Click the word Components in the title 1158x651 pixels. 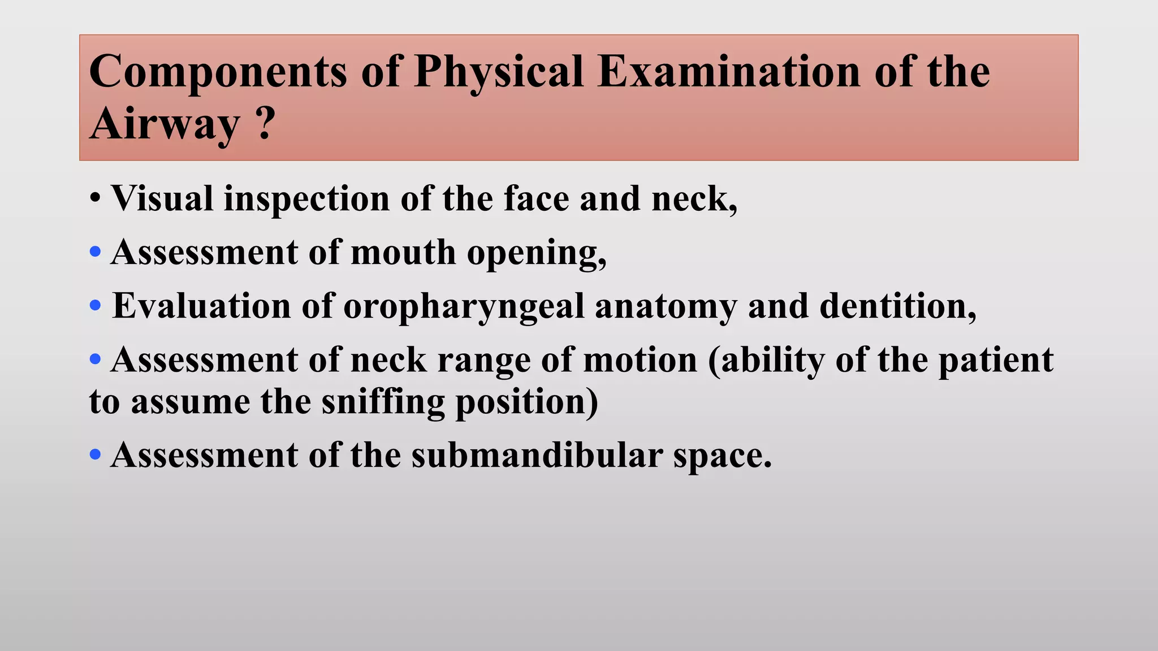(x=218, y=72)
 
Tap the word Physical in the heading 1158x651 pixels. (x=499, y=72)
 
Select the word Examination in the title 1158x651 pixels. (x=729, y=72)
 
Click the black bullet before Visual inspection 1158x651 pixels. (x=95, y=199)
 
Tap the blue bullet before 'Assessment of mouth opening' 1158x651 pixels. (x=95, y=252)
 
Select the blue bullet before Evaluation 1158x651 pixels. (x=95, y=306)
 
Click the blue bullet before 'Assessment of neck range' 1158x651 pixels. (x=95, y=359)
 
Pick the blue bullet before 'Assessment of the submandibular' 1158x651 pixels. (x=95, y=454)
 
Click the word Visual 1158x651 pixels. (x=162, y=199)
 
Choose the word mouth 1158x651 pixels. (x=403, y=252)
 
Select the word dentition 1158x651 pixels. (x=897, y=306)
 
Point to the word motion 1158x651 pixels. (x=640, y=360)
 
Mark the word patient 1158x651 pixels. (x=996, y=360)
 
